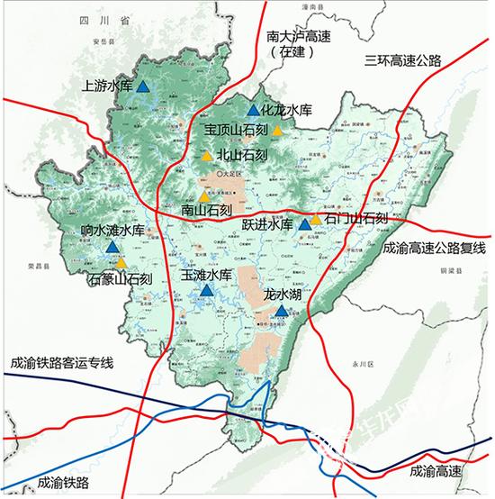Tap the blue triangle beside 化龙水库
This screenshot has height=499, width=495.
coord(253,111)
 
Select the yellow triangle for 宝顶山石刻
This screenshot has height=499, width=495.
coord(278,131)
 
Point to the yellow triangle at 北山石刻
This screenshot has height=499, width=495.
coord(206,156)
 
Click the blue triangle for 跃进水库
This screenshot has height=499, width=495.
coord(304,224)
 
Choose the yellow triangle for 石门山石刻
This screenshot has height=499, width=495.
coord(316,218)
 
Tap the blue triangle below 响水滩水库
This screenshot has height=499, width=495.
coord(112,247)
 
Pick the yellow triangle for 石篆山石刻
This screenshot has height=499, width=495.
coord(121,263)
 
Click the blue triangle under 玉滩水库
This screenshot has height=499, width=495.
coord(207,291)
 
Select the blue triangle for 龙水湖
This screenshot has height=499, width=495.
coord(282,311)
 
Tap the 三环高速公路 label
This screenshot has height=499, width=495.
coord(403,61)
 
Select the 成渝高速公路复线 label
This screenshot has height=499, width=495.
coord(433,247)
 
